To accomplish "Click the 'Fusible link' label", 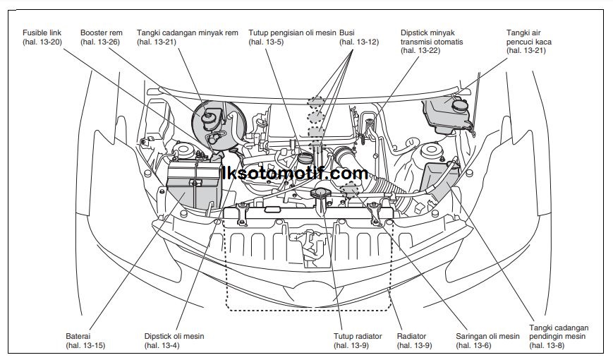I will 41,32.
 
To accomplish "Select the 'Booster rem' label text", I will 102,32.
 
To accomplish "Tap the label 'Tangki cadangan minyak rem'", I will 187,32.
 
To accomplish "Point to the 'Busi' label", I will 347,32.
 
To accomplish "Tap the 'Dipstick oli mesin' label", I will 174,337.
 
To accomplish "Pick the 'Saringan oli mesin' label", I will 487,337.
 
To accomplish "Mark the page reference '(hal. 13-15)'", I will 85,345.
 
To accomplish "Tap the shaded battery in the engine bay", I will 192,185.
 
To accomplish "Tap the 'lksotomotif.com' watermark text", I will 294,173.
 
